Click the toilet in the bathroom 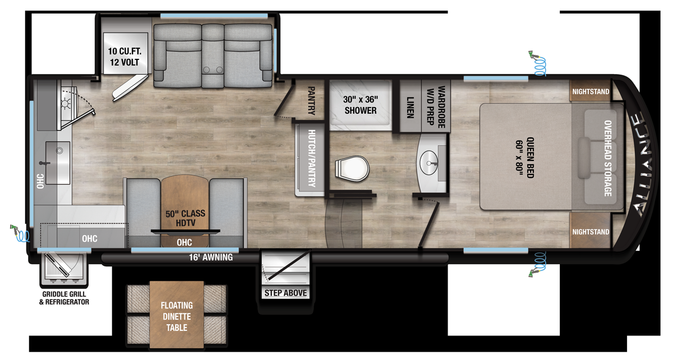[351, 167]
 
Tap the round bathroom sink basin [430, 163]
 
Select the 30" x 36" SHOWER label [361, 104]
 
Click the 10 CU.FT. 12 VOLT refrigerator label [123, 57]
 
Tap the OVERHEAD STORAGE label [607, 159]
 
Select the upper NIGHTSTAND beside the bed [591, 92]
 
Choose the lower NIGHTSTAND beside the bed [591, 232]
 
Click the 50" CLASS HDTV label [185, 218]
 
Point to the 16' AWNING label [210, 258]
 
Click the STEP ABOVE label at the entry [286, 293]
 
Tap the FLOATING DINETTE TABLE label [177, 316]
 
